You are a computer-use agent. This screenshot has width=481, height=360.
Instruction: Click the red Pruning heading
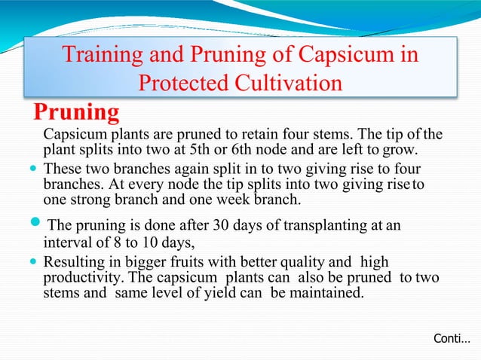point(77,112)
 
